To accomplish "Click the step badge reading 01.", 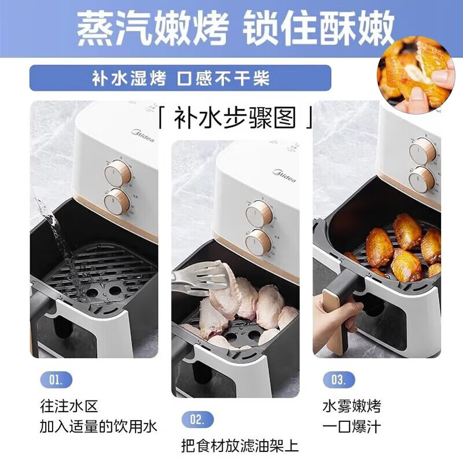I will [x=56, y=380].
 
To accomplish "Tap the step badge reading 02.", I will [x=197, y=420].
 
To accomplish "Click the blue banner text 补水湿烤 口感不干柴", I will [x=180, y=78].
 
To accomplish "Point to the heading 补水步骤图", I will [x=236, y=118].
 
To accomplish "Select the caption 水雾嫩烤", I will [x=352, y=406].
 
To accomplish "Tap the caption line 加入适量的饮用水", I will [x=98, y=427].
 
